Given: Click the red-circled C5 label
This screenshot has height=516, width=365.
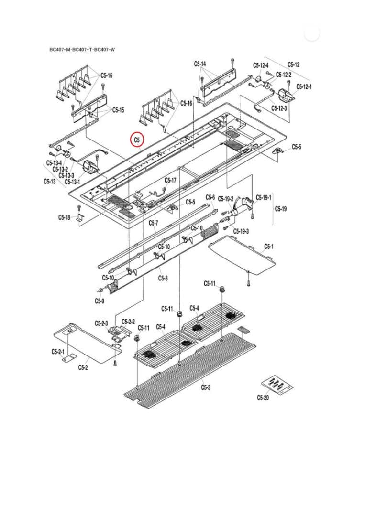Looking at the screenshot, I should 137,140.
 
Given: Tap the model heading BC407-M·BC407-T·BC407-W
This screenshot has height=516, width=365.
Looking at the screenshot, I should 82,49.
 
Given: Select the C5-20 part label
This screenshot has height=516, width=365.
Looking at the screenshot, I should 263,397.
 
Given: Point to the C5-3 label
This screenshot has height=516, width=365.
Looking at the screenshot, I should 206,387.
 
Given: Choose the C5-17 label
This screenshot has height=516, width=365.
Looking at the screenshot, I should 170,180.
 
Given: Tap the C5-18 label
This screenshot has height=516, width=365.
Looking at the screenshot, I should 64,217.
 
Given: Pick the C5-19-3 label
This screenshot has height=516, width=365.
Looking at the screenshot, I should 241,231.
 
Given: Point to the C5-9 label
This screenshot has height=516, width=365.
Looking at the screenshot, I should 99,301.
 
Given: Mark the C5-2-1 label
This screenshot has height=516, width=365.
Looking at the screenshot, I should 58,352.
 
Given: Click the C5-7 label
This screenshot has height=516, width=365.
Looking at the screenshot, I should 153,223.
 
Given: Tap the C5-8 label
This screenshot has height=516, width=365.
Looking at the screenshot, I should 163,278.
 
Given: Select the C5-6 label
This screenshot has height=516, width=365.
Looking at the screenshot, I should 210,197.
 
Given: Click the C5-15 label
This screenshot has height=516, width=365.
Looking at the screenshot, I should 118,110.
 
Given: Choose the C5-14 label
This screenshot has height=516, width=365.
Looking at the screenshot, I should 200,64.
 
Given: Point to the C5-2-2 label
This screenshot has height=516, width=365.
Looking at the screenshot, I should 128,322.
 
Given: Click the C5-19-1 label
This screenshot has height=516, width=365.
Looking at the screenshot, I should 264,197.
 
